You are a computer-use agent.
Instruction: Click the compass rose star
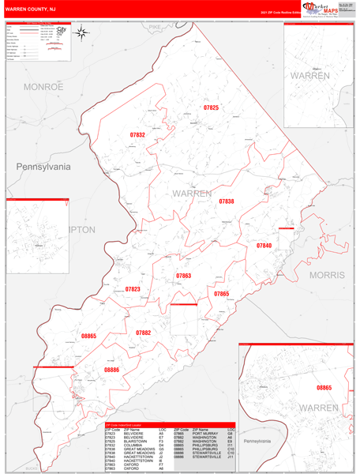tap(83, 32)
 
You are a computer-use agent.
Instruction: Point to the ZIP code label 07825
tap(211, 107)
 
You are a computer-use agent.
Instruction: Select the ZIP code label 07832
tap(137, 135)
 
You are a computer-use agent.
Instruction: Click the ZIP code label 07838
tap(227, 201)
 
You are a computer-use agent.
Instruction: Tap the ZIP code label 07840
tap(264, 246)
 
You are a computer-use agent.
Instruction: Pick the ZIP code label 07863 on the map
tap(183, 276)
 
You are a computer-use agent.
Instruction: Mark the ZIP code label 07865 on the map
tap(221, 293)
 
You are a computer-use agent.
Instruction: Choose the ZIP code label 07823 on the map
tap(133, 289)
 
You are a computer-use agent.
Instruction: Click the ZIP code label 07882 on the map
tap(143, 333)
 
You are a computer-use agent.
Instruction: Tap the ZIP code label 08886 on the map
tap(111, 370)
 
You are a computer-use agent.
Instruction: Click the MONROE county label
tap(43, 87)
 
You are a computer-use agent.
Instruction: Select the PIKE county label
tap(154, 27)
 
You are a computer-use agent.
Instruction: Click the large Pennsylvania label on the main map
tap(43, 167)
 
